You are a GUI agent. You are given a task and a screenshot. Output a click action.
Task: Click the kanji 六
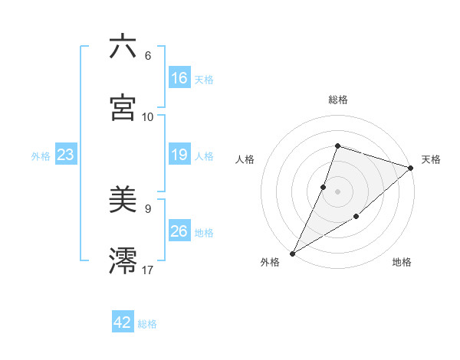tap(123, 47)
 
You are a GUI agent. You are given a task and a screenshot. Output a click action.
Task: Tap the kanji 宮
tap(123, 108)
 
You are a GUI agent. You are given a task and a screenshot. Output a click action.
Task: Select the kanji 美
tap(123, 201)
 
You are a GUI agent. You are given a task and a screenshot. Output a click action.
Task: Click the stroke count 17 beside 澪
tap(148, 270)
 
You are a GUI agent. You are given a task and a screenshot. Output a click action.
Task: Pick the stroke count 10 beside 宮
tap(148, 116)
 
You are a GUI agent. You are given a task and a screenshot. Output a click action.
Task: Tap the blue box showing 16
tap(179, 78)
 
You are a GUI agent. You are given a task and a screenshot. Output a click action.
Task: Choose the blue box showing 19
tap(179, 155)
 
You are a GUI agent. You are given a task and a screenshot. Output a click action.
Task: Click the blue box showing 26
tap(179, 231)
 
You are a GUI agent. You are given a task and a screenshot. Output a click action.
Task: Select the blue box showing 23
tap(65, 155)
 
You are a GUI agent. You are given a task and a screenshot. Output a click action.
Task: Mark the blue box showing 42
tap(123, 322)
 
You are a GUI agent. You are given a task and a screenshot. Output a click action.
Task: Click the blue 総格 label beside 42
tap(147, 324)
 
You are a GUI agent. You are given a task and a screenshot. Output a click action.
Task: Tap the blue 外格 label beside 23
tap(41, 156)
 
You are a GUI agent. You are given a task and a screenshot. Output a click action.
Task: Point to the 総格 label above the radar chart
tap(337, 100)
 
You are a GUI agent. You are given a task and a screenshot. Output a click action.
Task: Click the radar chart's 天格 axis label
tap(431, 159)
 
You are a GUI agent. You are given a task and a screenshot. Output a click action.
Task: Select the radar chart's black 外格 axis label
tap(270, 262)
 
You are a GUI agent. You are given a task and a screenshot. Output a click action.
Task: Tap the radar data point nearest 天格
tap(410, 168)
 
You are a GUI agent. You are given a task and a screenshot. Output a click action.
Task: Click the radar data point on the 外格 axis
tap(292, 253)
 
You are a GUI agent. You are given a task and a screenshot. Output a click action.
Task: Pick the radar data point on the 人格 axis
tap(324, 187)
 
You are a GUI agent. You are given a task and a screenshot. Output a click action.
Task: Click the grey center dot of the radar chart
tap(337, 191)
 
